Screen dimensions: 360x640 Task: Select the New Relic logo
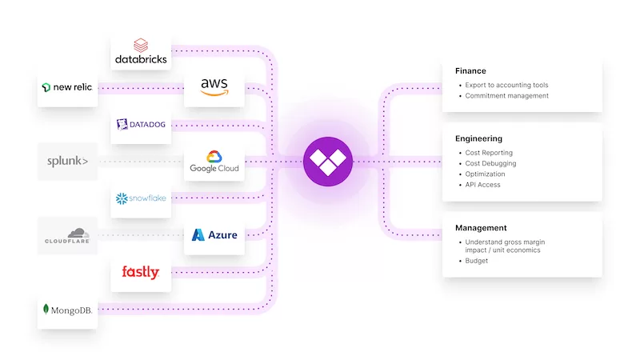[x=68, y=86]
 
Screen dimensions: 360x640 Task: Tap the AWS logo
[x=214, y=86]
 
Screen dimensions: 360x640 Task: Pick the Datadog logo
[x=141, y=124]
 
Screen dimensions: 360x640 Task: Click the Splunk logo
[x=68, y=162]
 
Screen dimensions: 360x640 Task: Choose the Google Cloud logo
[x=214, y=162]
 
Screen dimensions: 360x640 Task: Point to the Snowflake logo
[x=141, y=198]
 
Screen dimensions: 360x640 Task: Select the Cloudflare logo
[x=68, y=235]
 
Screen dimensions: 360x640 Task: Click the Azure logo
[x=214, y=235]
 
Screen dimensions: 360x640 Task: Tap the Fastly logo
[x=141, y=272]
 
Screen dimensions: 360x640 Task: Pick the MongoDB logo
[x=68, y=309]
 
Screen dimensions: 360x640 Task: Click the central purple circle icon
[x=327, y=161]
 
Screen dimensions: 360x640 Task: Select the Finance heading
[x=470, y=70]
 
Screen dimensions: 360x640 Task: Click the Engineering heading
[x=478, y=138]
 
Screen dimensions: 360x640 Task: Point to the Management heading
[x=481, y=228]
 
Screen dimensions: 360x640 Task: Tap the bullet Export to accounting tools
[x=506, y=85]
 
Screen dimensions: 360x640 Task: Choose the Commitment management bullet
[x=506, y=96]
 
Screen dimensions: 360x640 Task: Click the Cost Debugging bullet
[x=490, y=164]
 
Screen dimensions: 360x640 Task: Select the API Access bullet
[x=483, y=185]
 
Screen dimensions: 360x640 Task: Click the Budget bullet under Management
[x=477, y=261]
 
